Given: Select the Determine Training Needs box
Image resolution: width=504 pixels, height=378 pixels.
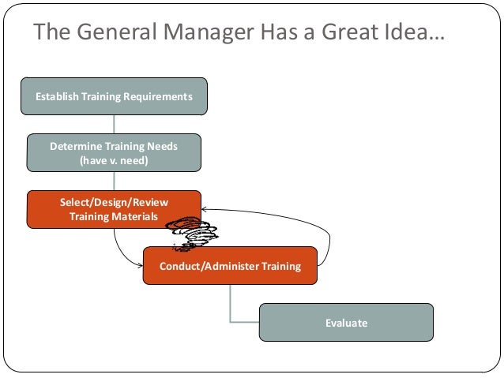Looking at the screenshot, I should click(x=114, y=153).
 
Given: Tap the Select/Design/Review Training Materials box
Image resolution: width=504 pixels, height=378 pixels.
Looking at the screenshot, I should click(x=114, y=209).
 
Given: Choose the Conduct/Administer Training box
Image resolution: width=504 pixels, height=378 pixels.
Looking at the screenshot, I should click(x=230, y=266).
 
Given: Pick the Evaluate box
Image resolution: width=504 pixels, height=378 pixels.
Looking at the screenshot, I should click(x=346, y=323).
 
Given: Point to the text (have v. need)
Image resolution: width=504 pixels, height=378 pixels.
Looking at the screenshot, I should click(x=114, y=160).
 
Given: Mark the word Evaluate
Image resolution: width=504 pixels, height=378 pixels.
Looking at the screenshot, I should click(x=346, y=323).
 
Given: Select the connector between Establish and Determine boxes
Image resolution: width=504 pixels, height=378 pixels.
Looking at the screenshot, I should click(x=115, y=124).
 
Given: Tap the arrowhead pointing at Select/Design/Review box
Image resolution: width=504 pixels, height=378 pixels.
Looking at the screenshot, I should click(x=205, y=210).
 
